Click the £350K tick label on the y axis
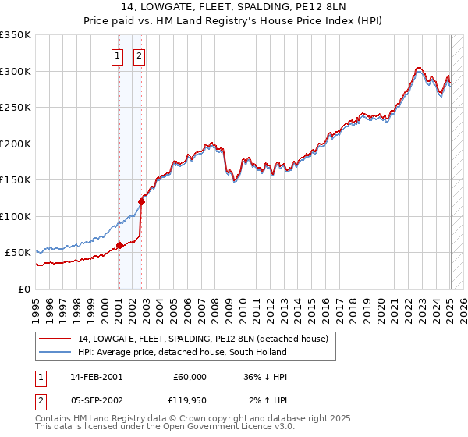[16, 35]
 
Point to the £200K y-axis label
[16, 144]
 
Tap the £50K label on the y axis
[19, 253]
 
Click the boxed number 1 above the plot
[117, 55]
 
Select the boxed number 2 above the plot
[139, 55]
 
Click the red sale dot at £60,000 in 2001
[119, 245]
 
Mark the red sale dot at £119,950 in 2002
[141, 201]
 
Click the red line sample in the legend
[54, 339]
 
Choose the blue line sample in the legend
[54, 352]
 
